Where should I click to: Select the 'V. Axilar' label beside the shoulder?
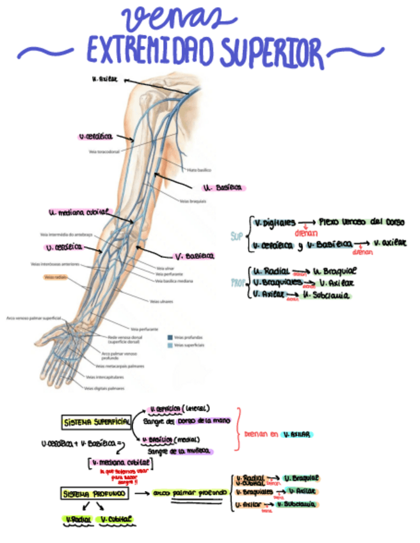[105, 79]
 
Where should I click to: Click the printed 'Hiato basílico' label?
[199, 170]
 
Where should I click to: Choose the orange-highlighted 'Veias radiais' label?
[56, 277]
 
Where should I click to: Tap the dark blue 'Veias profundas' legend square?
[170, 337]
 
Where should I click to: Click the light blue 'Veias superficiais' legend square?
[170, 344]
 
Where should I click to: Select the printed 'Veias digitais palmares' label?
[105, 388]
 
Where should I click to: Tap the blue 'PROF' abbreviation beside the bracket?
[237, 282]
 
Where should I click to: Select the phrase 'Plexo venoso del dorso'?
[361, 222]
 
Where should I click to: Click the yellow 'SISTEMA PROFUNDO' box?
[95, 494]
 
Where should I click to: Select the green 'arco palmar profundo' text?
[190, 492]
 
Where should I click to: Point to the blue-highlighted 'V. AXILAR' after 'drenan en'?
[296, 434]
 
